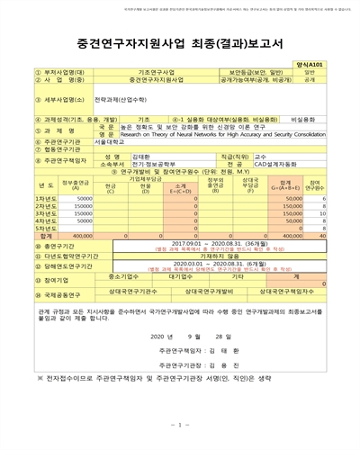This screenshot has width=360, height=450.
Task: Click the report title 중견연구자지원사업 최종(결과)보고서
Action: click(x=179, y=43)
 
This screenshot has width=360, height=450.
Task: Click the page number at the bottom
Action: click(x=179, y=424)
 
